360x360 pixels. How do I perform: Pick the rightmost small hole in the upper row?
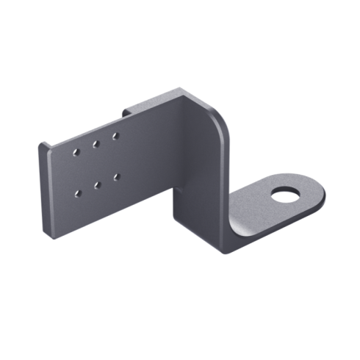click(x=115, y=136)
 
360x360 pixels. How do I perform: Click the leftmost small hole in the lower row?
click(x=79, y=194)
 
